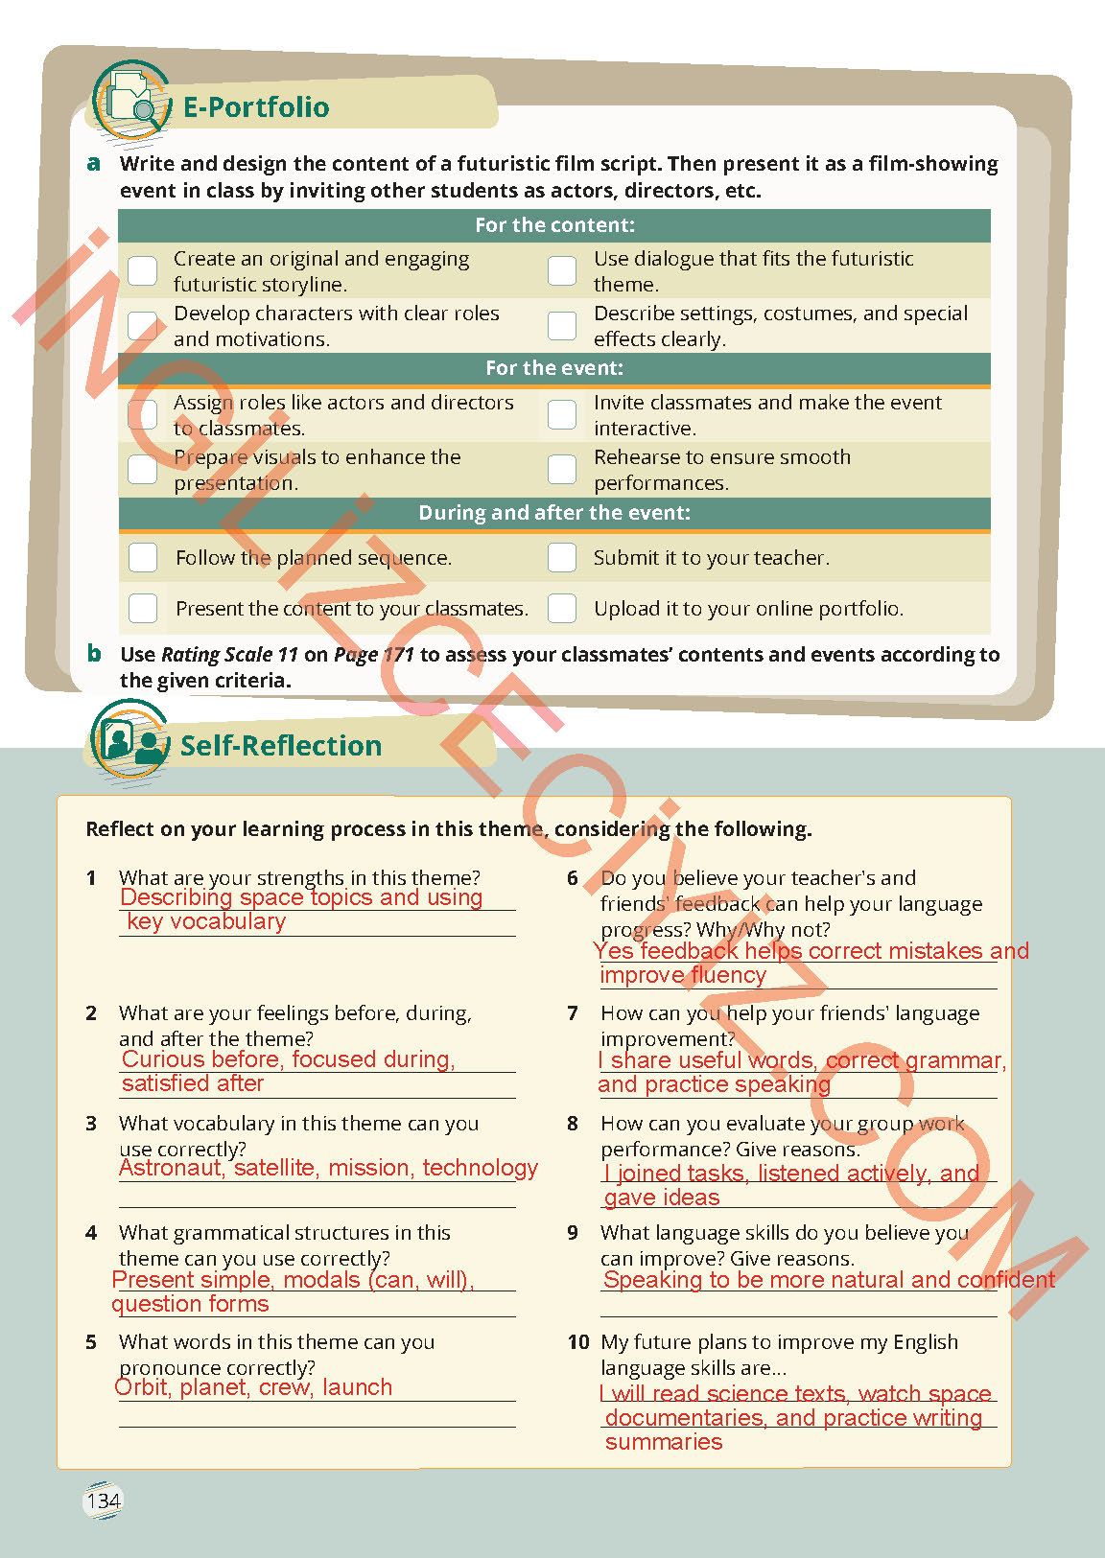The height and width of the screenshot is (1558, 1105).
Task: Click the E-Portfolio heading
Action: pos(255,107)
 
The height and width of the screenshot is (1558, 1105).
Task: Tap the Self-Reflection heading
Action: pos(280,746)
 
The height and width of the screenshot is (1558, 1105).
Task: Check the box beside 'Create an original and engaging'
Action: pos(143,270)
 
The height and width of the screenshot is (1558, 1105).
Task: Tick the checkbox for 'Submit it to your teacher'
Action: pos(562,557)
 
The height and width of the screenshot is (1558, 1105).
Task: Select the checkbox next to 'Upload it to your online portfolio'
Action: pos(562,608)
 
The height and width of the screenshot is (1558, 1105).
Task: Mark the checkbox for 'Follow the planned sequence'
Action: pos(143,557)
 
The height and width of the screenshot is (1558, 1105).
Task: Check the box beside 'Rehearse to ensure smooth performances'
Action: pos(562,469)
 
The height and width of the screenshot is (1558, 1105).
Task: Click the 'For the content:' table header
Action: pos(554,226)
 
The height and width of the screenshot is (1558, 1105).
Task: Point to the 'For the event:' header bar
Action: pos(554,368)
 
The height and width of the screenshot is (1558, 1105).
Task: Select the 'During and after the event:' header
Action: pos(554,513)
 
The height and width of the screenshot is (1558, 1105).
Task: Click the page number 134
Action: pos(104,1500)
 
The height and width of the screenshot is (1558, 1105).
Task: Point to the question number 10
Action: pos(578,1342)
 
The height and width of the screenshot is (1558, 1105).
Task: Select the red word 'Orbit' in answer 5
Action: pos(142,1387)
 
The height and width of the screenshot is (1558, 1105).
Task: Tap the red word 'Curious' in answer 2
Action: pos(163,1059)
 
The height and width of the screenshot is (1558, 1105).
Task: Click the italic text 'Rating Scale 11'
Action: pos(229,655)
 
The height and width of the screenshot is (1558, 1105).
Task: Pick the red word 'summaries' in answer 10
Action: pos(664,1442)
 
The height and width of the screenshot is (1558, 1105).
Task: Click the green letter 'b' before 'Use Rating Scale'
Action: pos(94,654)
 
